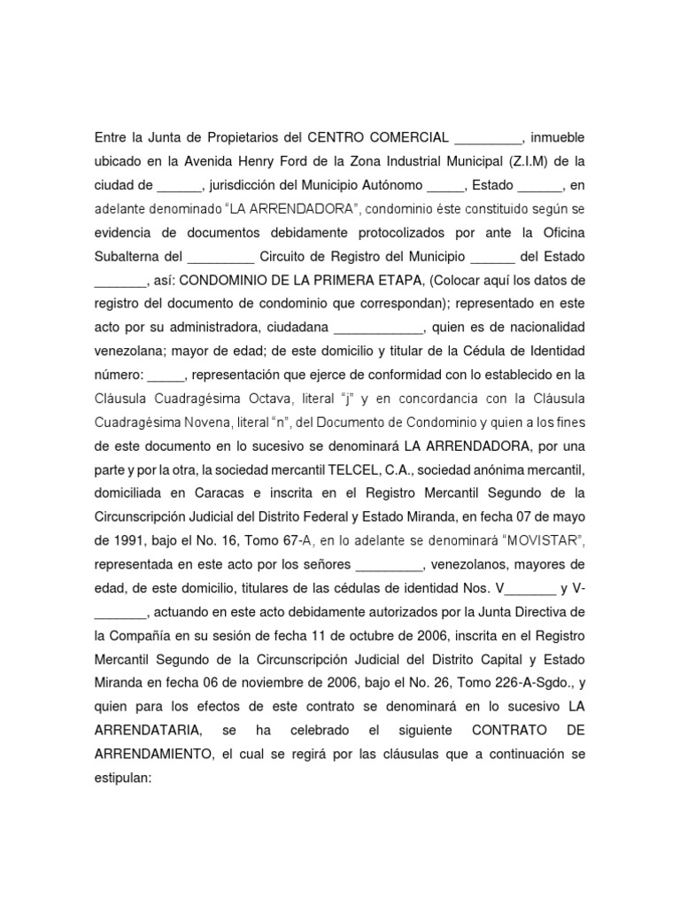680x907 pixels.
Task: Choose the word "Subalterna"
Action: (129, 257)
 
